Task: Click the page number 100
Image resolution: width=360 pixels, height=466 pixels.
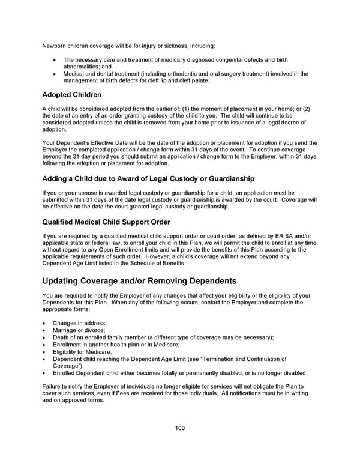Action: pyautogui.click(x=180, y=428)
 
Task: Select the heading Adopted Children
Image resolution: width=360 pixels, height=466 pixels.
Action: pyautogui.click(x=72, y=95)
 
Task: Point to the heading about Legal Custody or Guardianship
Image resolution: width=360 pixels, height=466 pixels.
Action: pyautogui.click(x=148, y=178)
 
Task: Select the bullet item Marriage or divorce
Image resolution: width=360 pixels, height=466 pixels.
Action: pyautogui.click(x=79, y=330)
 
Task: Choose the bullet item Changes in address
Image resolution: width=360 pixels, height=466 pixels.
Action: pyautogui.click(x=80, y=323)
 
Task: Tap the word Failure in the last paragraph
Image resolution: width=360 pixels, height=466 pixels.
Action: pyautogui.click(x=53, y=386)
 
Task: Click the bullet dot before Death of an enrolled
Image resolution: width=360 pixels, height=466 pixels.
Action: pyautogui.click(x=45, y=337)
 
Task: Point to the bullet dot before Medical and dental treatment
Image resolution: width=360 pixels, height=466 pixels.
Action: pyautogui.click(x=55, y=74)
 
